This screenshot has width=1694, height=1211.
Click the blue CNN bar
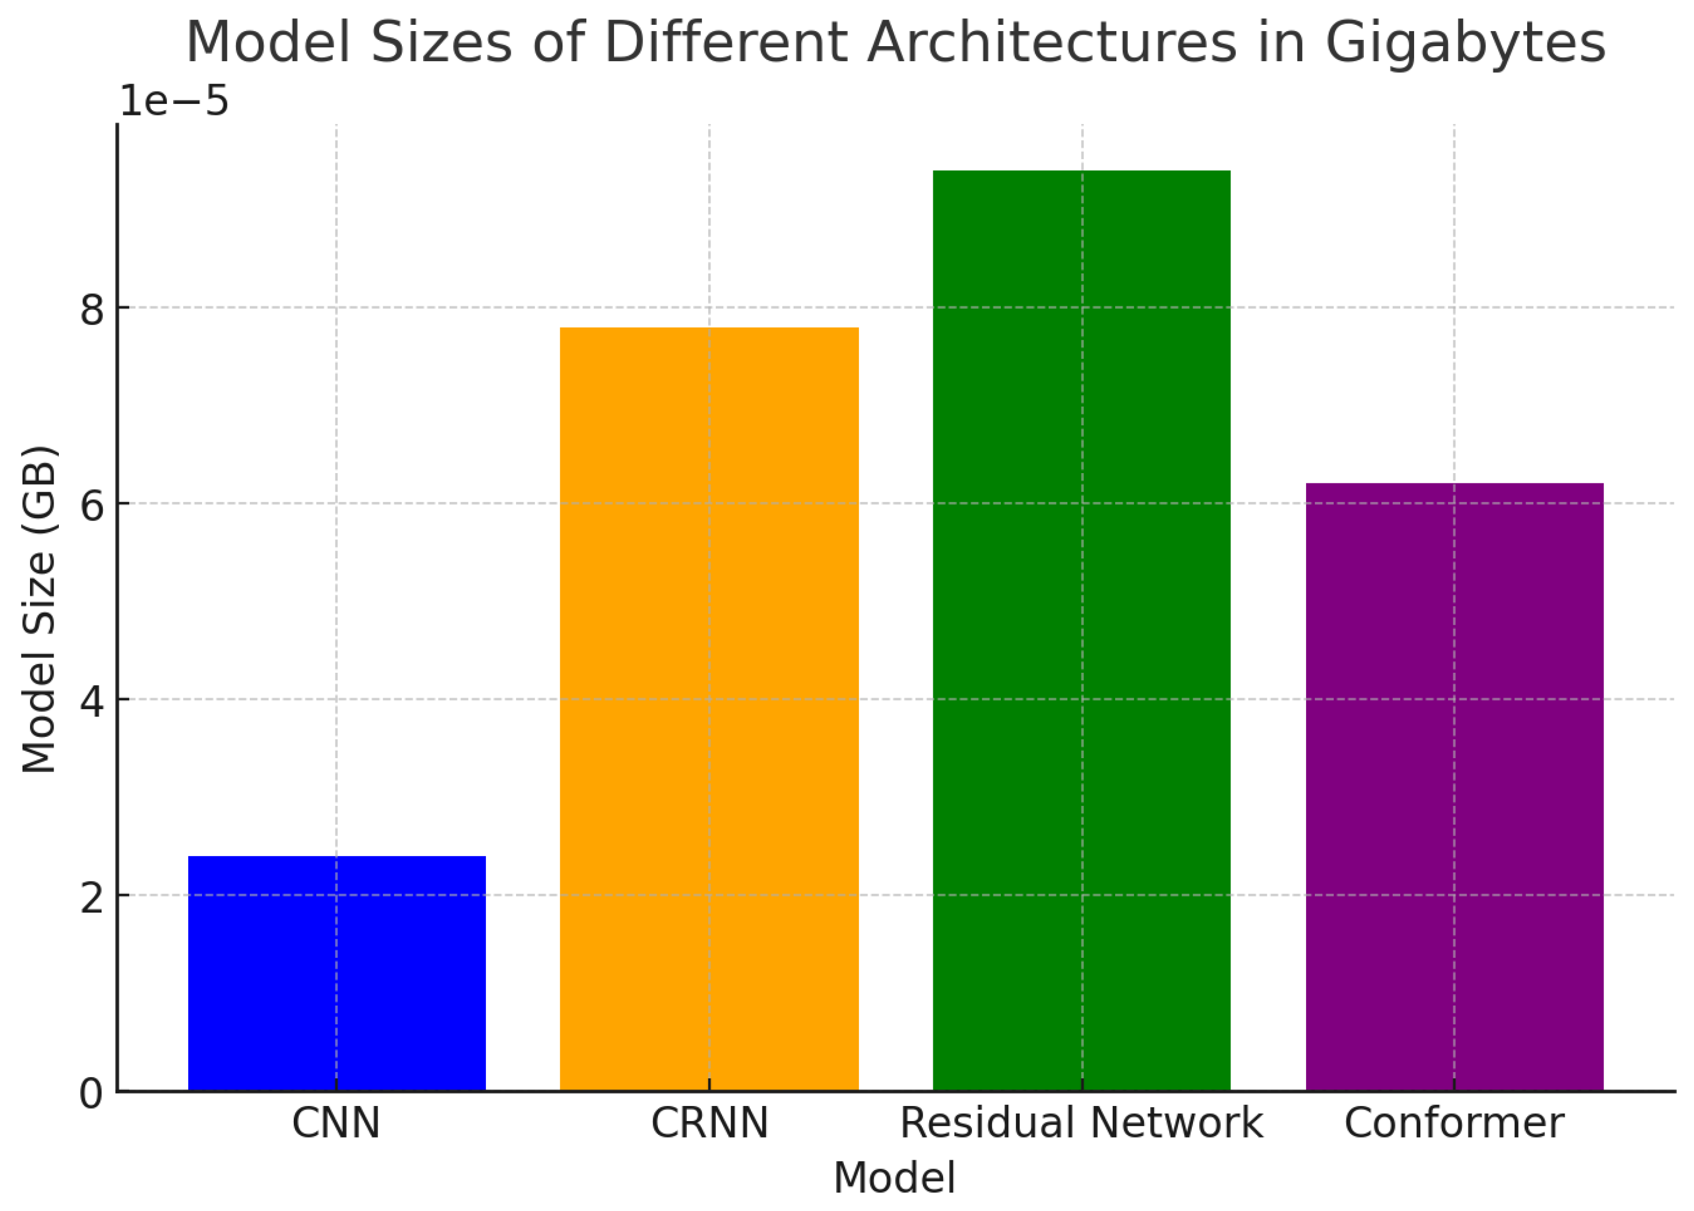[336, 973]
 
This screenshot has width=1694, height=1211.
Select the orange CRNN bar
[709, 708]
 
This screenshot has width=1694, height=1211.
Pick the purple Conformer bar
[1454, 787]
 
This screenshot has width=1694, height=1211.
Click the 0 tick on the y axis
[91, 1094]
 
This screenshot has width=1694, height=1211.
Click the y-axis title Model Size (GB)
[39, 609]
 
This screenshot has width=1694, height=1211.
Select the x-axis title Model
[893, 1178]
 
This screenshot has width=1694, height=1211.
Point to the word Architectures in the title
[1052, 43]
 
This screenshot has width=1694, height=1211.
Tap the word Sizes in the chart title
[441, 43]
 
